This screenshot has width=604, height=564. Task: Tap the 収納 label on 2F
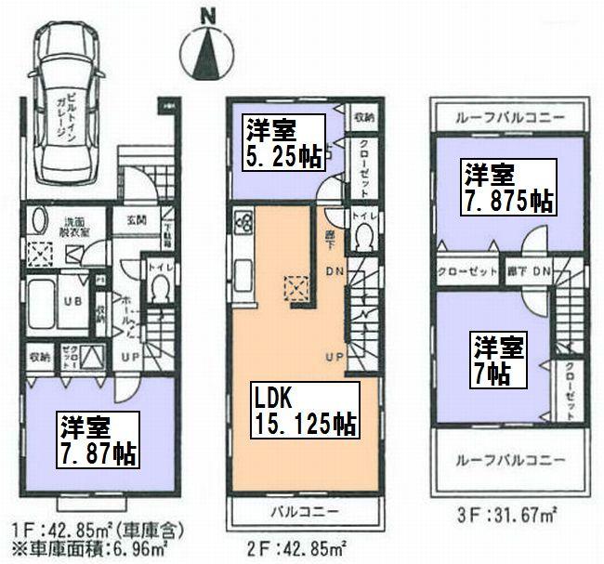[x=362, y=118]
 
